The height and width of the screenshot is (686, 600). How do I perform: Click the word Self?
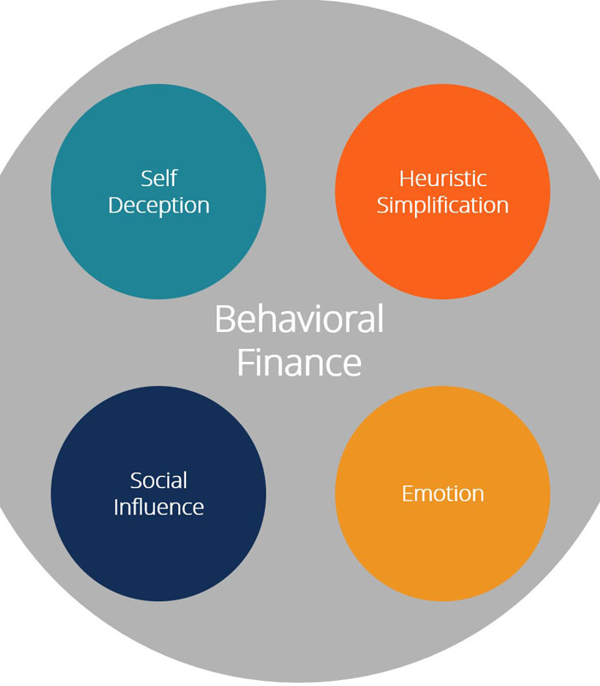(x=159, y=178)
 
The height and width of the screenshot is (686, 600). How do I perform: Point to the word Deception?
(x=159, y=206)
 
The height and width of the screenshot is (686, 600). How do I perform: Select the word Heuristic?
(x=442, y=178)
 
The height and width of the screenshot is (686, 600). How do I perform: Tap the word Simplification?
(x=442, y=206)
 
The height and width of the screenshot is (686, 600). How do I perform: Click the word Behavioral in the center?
(x=299, y=320)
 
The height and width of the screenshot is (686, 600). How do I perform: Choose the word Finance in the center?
(x=299, y=362)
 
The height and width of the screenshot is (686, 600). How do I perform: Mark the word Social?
(x=159, y=480)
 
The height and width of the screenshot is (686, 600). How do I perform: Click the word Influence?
(x=159, y=507)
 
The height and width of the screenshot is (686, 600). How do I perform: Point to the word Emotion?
(x=442, y=494)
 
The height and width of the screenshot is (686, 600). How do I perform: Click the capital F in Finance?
(x=243, y=362)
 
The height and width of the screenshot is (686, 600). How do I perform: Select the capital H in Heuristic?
(x=405, y=178)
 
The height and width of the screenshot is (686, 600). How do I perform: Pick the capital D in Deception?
(x=116, y=205)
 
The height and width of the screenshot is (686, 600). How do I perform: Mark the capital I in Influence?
(x=116, y=506)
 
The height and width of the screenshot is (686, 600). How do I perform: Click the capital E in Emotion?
(x=406, y=494)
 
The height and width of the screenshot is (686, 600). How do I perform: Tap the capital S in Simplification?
(x=382, y=206)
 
